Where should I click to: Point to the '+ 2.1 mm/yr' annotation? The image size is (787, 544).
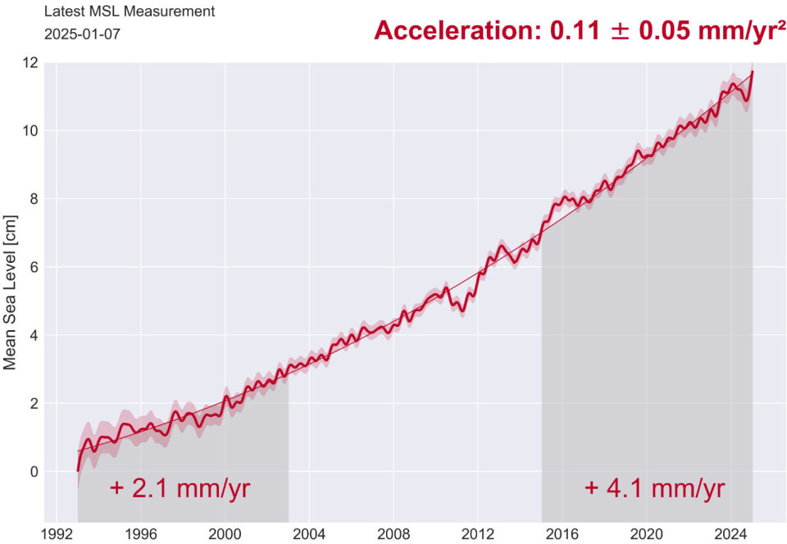coord(180,489)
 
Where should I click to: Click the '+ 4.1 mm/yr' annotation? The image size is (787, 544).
coord(654,489)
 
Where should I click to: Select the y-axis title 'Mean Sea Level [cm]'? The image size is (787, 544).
coord(11,292)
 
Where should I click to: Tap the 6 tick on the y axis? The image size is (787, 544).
coord(30,267)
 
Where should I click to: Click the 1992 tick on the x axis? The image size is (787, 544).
coord(55,533)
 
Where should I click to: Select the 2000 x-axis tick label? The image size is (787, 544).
coord(225,533)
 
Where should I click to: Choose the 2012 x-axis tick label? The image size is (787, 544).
coord(478,533)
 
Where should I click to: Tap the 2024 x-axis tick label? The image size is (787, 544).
coord(731,533)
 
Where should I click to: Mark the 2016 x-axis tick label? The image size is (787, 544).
coord(562,533)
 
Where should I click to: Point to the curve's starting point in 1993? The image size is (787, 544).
coord(78,470)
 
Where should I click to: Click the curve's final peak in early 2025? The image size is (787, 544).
coord(752,72)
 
